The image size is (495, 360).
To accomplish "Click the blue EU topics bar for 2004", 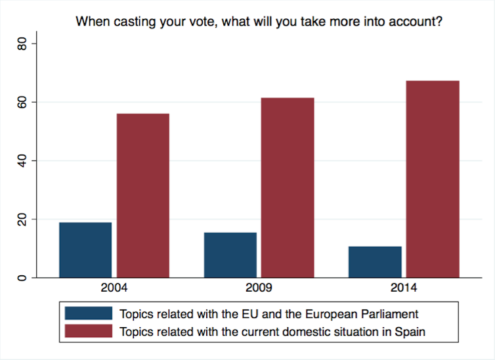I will click(85, 250).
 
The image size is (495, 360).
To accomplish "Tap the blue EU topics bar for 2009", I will click(230, 255).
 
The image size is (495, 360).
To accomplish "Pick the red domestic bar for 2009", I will click(288, 187).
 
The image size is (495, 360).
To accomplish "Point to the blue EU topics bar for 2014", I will click(376, 261).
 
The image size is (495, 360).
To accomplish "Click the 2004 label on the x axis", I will click(114, 288).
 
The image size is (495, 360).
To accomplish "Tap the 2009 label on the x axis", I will click(259, 288).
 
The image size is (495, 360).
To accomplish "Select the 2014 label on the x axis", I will click(404, 288).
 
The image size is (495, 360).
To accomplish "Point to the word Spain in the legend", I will click(410, 331).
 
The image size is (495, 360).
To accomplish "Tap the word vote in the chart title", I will click(200, 21).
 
